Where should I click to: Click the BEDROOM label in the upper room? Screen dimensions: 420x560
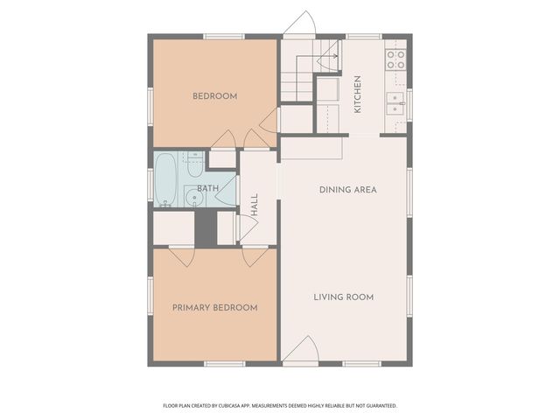click(214, 96)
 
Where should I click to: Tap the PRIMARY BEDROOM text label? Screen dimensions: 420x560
click(214, 307)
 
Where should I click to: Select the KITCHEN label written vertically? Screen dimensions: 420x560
click(357, 94)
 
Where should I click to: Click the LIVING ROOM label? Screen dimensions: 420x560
click(344, 297)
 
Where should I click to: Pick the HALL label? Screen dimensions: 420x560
click(255, 206)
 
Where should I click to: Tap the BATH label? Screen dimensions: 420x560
click(207, 189)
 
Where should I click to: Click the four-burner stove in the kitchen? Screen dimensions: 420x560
click(395, 59)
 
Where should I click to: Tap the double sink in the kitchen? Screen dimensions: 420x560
click(396, 104)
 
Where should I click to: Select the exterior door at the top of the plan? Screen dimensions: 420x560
click(297, 24)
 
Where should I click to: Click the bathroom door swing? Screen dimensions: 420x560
click(226, 197)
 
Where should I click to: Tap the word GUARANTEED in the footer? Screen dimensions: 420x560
click(379, 406)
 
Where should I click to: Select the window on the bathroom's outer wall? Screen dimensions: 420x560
click(150, 183)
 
